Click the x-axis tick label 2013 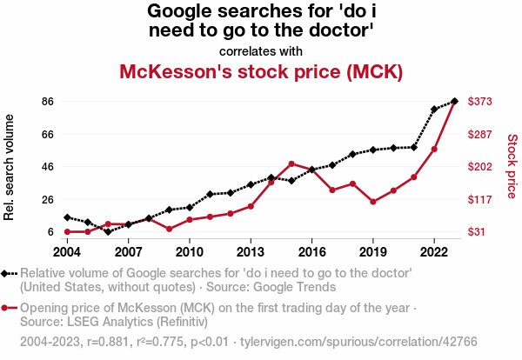(251, 252)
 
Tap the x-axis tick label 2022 (434, 252)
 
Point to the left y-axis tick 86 (48, 102)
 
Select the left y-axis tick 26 (48, 199)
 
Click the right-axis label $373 (481, 102)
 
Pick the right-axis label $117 (481, 199)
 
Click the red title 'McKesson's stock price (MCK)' (261, 71)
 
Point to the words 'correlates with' (261, 50)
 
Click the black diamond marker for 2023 (454, 101)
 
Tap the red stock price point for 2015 (291, 163)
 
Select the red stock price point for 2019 (373, 202)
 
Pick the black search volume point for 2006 (108, 231)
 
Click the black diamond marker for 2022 (434, 110)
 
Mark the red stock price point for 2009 (169, 229)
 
